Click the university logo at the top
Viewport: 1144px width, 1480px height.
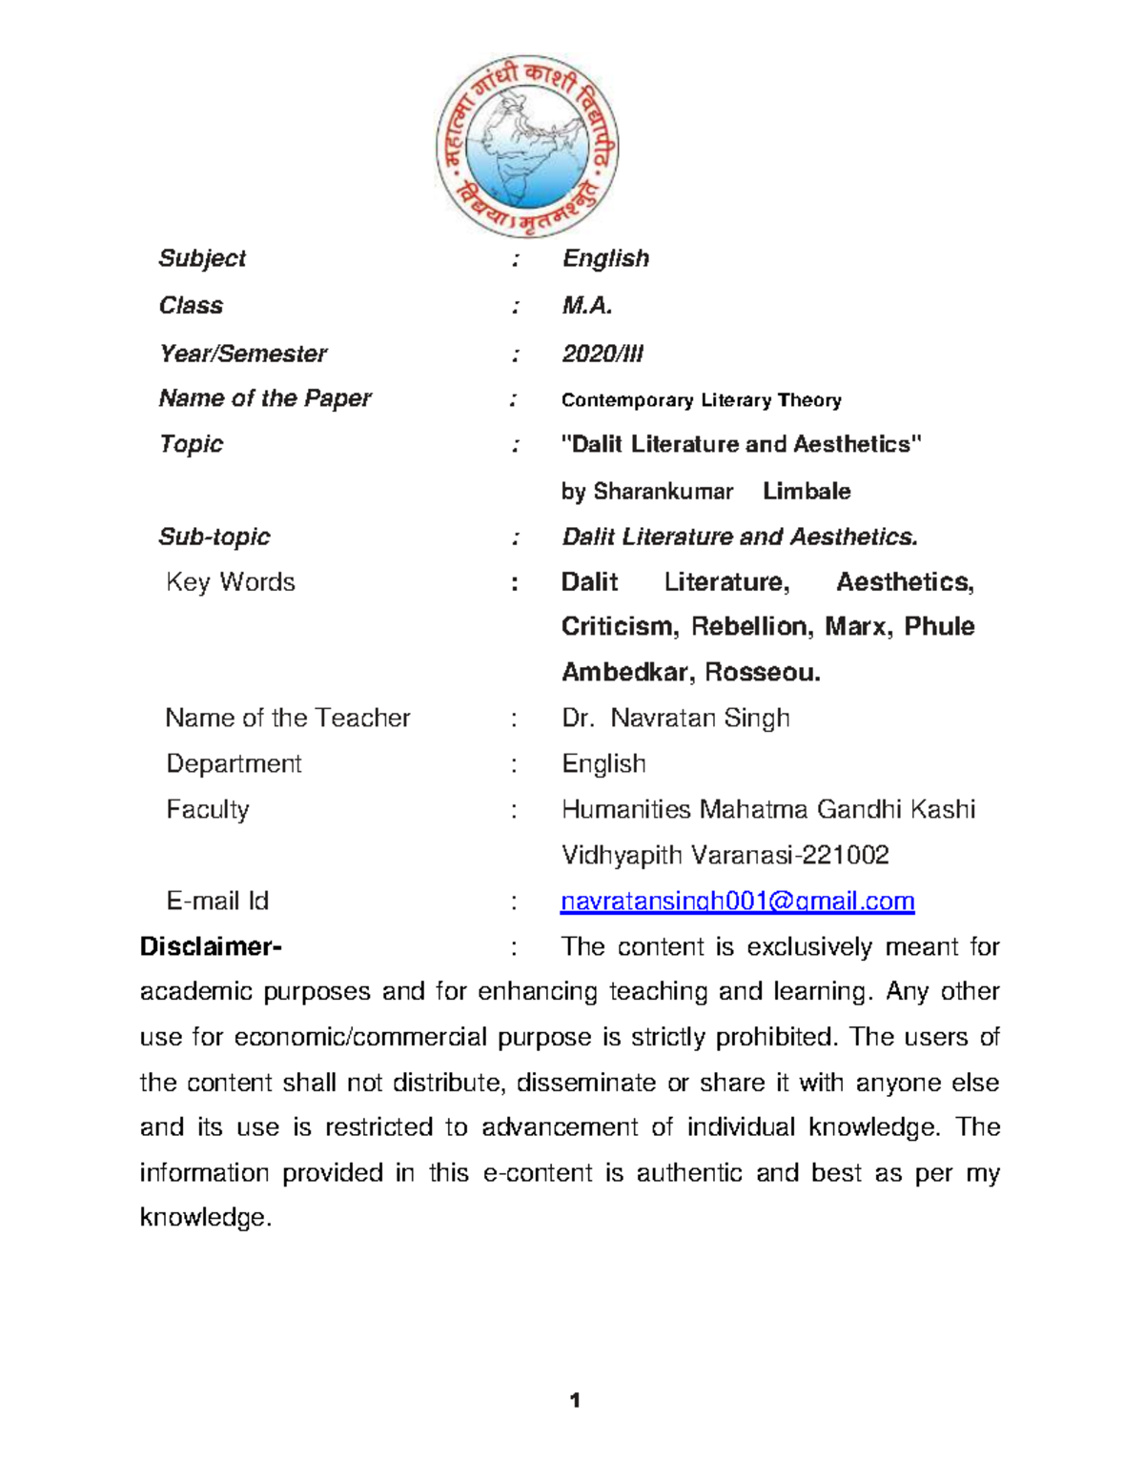click(527, 146)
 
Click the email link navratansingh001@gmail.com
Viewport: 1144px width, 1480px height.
click(737, 902)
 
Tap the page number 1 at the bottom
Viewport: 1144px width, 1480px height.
click(574, 1400)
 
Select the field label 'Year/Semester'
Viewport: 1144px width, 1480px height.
click(242, 354)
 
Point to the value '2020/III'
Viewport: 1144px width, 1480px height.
click(603, 354)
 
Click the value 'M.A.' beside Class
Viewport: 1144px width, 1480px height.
click(587, 306)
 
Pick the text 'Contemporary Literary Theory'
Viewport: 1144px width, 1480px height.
click(701, 400)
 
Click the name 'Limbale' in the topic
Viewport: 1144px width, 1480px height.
click(807, 492)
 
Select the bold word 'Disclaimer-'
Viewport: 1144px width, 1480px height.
click(211, 946)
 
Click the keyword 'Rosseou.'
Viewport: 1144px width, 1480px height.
click(763, 673)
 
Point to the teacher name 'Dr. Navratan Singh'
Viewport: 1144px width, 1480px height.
click(675, 718)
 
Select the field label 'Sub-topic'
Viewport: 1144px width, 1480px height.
click(214, 537)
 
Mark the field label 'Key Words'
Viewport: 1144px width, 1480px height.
click(230, 582)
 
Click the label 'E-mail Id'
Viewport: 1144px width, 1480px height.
click(217, 902)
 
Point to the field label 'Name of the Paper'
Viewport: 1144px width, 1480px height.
click(265, 398)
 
